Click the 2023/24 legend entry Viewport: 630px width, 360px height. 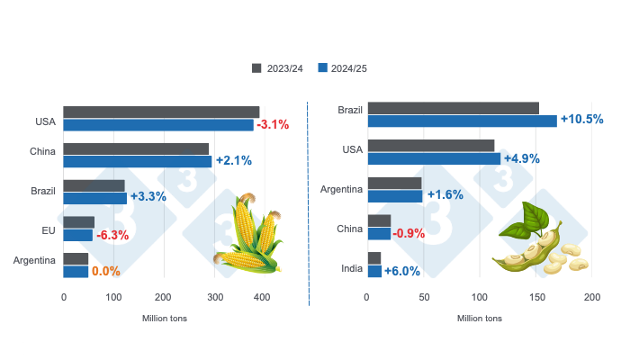point(280,67)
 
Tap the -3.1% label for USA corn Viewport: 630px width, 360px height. point(274,124)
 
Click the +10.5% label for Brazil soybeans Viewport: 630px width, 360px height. point(581,120)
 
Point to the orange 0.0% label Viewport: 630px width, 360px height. point(105,271)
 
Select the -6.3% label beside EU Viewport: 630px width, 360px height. point(112,235)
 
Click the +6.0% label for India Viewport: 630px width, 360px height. point(401,271)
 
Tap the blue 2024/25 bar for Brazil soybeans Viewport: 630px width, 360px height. point(462,121)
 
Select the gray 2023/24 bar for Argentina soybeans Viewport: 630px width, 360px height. point(394,183)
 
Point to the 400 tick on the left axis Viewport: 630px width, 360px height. point(261,297)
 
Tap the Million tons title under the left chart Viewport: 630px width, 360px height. point(164,318)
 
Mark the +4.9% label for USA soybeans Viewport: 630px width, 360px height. point(521,158)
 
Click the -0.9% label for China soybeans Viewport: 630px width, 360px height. point(410,233)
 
